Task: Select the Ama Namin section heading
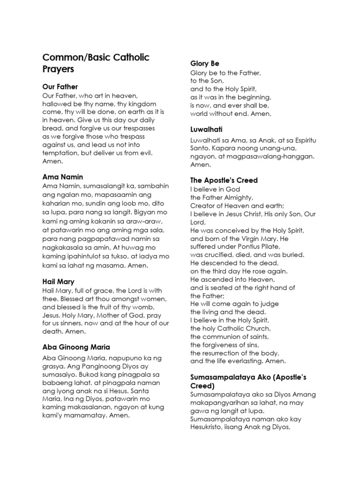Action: point(63,177)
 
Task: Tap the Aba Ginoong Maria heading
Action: point(76,347)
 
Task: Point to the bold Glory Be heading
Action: point(205,63)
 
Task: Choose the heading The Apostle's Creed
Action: point(224,180)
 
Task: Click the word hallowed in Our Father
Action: point(57,104)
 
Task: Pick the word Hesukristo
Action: point(210,427)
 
